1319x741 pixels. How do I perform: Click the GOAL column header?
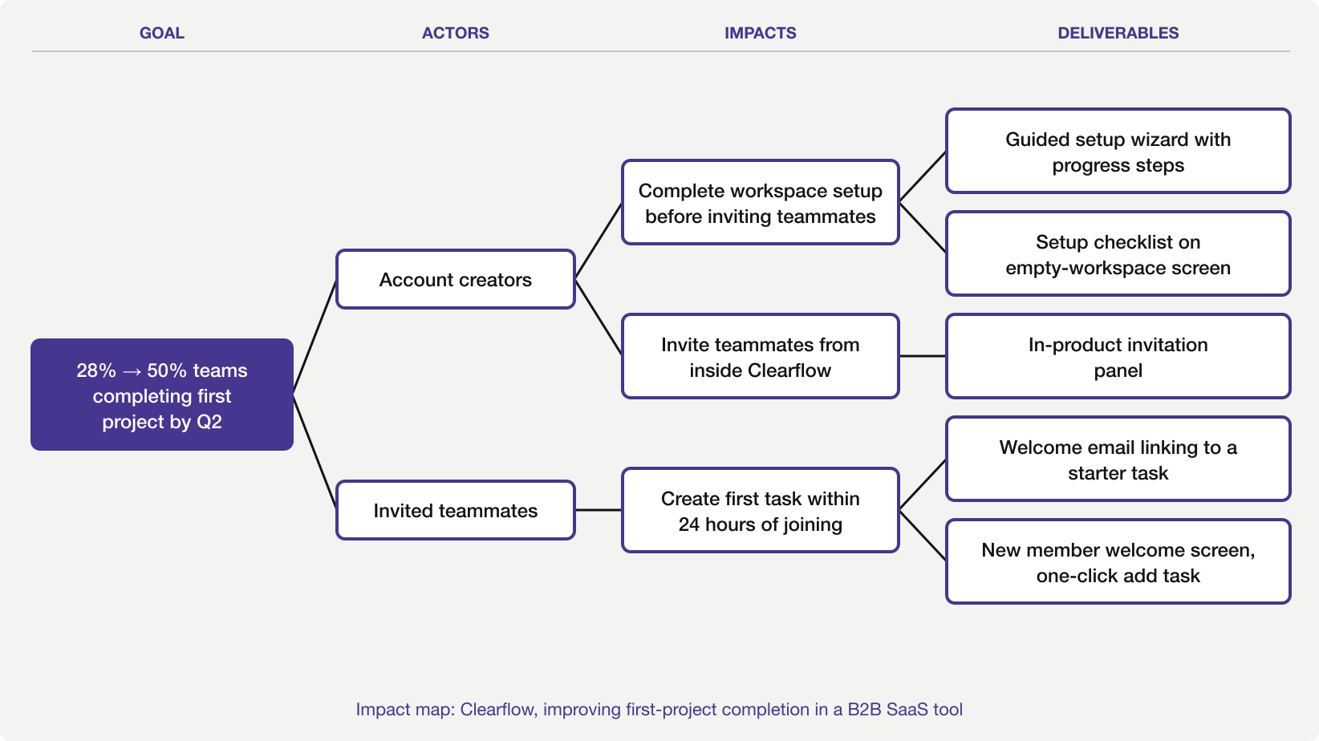[x=162, y=33]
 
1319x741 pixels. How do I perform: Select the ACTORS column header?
[x=455, y=33]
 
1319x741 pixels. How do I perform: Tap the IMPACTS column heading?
[x=760, y=33]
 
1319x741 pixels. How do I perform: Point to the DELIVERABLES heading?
[x=1118, y=33]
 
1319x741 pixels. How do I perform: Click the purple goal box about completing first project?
[x=162, y=395]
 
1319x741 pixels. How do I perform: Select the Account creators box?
[x=455, y=279]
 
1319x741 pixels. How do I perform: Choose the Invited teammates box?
[x=455, y=510]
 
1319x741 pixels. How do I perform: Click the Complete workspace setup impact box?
[x=760, y=202]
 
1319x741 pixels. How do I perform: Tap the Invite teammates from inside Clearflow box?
[x=760, y=356]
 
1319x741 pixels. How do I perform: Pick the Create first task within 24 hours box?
[x=760, y=510]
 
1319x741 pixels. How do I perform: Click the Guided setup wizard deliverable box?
[x=1118, y=151]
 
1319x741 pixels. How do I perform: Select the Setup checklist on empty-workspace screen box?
[x=1118, y=253]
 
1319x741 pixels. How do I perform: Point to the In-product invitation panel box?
[x=1118, y=356]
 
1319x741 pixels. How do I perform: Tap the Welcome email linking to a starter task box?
[x=1118, y=459]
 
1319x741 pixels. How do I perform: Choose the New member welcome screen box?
[x=1118, y=561]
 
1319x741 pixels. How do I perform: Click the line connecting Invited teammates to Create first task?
[x=599, y=510]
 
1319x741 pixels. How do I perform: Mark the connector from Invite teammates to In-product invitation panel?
[x=923, y=356]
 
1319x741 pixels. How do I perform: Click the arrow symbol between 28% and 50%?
[x=132, y=371]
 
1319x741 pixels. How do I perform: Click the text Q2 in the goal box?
[x=209, y=422]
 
